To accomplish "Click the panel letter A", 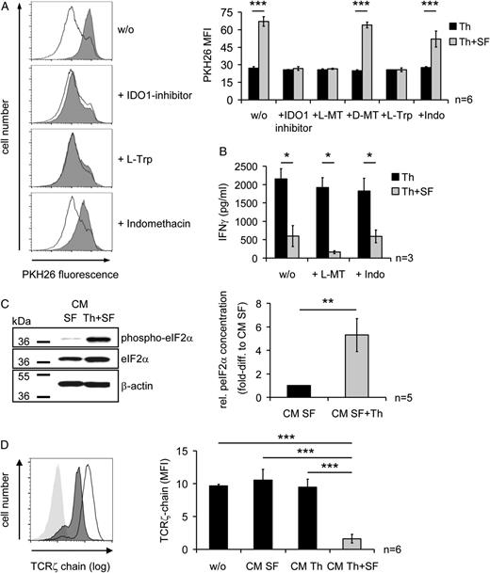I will click(x=7, y=8).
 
